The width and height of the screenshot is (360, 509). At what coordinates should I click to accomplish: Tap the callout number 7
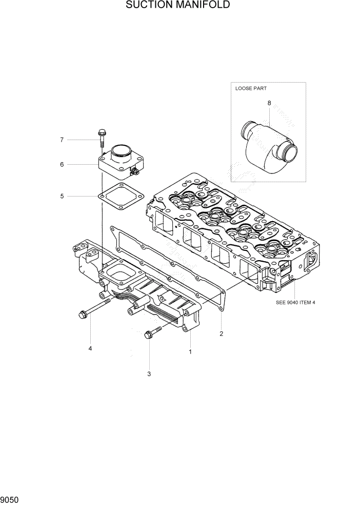point(62,140)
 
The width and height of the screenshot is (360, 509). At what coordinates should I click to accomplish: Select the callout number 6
point(62,165)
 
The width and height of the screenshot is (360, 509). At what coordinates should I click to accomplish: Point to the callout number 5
point(62,195)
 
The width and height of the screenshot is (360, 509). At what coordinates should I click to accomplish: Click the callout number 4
point(90,349)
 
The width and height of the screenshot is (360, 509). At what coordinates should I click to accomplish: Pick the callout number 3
point(149,374)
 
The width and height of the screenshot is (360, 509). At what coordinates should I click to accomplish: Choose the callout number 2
point(222,334)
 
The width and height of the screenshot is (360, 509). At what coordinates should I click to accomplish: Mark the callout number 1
point(190,352)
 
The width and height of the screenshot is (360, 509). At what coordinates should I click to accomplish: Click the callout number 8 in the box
point(269,103)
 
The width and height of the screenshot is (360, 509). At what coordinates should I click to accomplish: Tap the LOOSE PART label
point(251,88)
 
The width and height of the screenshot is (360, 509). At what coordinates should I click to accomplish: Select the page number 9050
point(11,499)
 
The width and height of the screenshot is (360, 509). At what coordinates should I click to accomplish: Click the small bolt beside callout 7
point(102,136)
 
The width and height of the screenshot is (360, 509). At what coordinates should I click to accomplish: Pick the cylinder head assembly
point(231,231)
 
